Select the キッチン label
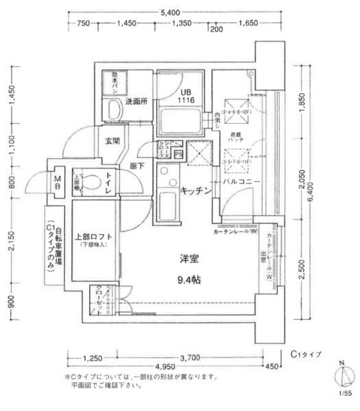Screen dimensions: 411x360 tap(195, 190)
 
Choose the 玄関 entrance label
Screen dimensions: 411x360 tap(112, 141)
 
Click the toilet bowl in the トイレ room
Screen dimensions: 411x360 tap(93, 182)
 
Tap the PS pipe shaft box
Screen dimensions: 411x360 tap(178, 154)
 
